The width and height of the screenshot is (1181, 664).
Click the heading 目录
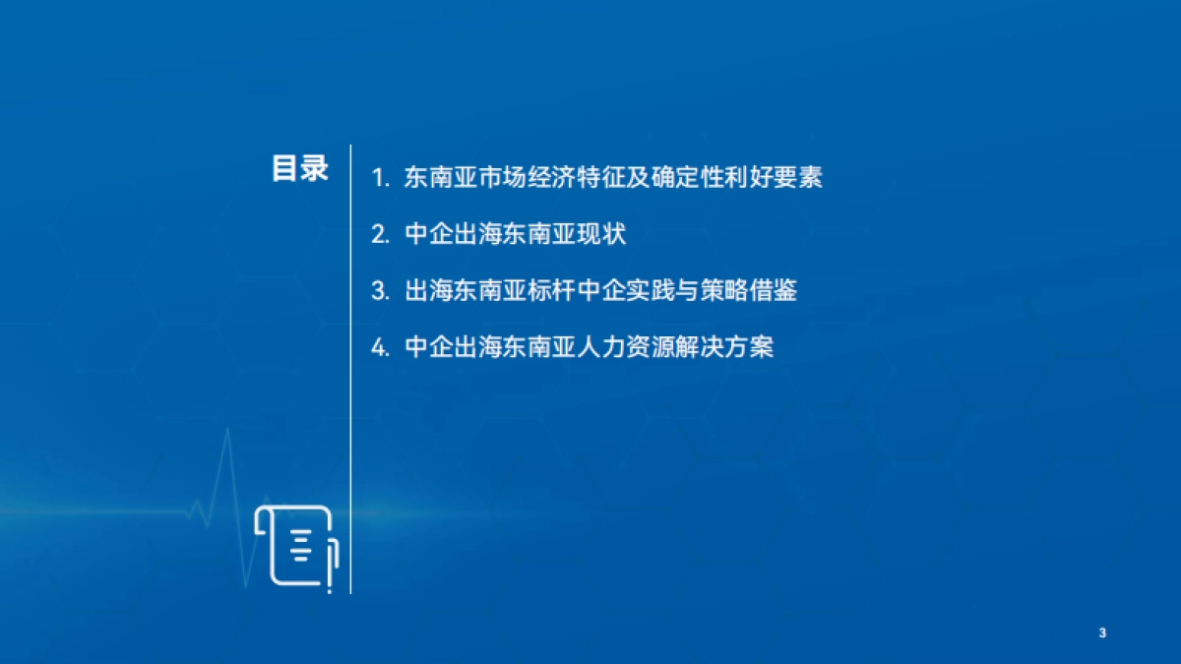[300, 168]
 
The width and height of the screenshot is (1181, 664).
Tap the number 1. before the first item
[381, 179]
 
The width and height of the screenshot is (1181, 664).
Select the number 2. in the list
[381, 235]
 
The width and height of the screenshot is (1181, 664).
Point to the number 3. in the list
[381, 292]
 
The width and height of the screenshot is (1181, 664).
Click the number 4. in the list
[381, 348]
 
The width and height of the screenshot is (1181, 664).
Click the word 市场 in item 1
[496, 178]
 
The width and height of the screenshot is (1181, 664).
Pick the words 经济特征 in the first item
[566, 178]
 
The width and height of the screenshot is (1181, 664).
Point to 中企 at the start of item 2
[427, 235]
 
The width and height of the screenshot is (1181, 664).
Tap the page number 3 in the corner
[1102, 633]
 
